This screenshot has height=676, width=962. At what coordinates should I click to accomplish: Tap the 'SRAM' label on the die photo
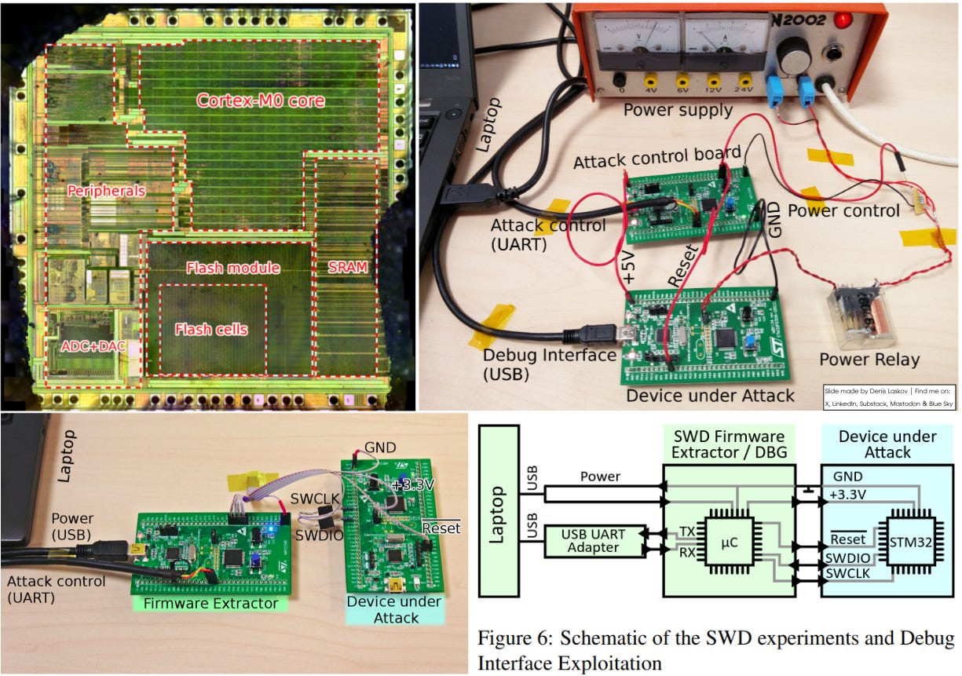347,267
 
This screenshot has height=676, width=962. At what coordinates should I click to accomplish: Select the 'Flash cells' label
210,329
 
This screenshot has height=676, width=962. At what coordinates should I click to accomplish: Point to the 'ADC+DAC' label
93,345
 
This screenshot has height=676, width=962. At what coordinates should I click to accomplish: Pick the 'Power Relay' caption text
869,360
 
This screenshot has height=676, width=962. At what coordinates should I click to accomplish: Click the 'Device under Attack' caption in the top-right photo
710,395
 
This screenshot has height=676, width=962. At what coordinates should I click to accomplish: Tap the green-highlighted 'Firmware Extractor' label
211,603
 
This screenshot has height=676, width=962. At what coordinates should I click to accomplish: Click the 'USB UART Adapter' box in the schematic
594,540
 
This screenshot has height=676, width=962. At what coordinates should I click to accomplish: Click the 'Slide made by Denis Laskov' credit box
889,396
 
